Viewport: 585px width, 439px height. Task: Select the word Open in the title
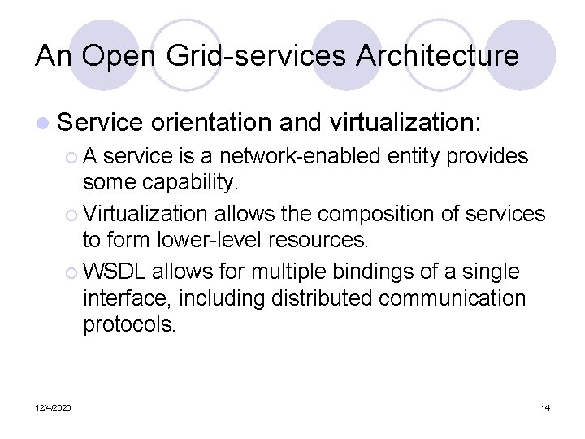coord(115,55)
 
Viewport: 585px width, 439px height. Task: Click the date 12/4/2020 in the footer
coord(53,407)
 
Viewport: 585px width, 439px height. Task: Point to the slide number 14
coord(545,407)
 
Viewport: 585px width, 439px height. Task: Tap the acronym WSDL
coord(114,271)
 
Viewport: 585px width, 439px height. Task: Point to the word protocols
coord(129,326)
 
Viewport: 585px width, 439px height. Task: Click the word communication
coord(452,298)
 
